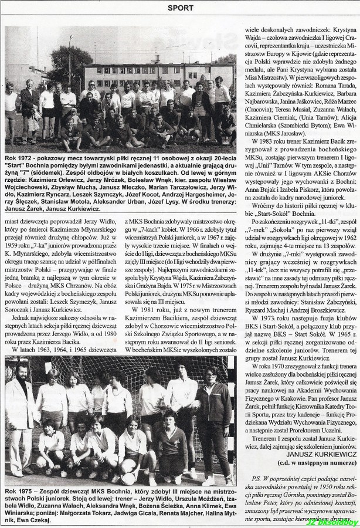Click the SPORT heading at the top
point(181,8)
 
